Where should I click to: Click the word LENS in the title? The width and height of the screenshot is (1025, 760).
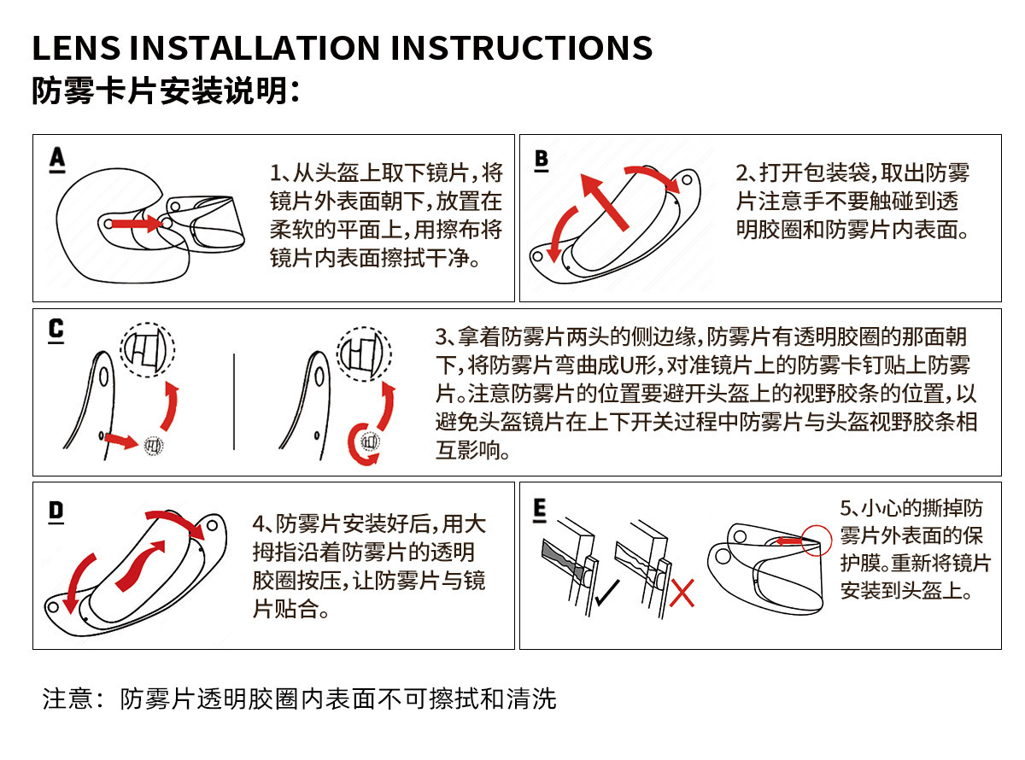(76, 48)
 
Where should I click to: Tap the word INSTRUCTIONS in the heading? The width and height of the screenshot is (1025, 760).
(521, 48)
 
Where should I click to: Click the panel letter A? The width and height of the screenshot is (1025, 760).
(57, 158)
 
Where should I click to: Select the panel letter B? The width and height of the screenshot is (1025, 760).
(542, 159)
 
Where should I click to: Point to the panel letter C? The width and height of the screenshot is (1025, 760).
(56, 329)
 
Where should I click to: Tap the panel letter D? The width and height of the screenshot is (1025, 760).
(56, 511)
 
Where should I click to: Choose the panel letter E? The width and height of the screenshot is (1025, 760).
(539, 509)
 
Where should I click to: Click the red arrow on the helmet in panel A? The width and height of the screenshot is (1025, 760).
(137, 224)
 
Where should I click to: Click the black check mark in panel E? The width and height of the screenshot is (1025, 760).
(606, 593)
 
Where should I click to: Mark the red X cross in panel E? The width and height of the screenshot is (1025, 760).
(682, 593)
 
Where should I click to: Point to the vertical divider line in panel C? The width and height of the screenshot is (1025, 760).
(234, 401)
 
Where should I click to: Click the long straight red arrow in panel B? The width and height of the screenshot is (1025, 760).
(605, 202)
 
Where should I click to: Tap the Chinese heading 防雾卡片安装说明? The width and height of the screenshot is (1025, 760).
(165, 91)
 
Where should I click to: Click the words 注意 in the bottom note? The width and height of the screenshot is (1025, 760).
(67, 699)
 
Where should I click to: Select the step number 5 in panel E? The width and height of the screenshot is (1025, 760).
(846, 508)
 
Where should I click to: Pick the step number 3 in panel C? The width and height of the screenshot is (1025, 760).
(441, 336)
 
